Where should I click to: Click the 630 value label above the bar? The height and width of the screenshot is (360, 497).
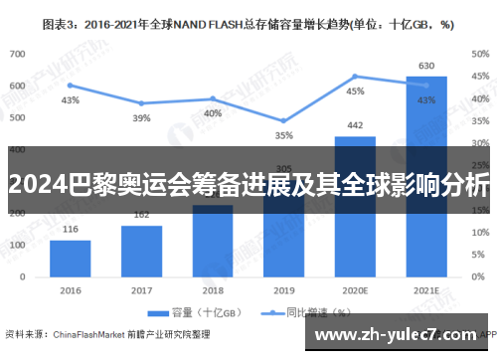[x=425, y=66]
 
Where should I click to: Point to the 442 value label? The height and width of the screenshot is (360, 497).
[x=355, y=125]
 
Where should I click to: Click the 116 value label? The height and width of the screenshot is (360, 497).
[x=70, y=230]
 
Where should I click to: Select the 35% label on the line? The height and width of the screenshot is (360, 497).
[x=284, y=135]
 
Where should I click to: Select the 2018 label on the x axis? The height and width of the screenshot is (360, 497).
[x=213, y=290]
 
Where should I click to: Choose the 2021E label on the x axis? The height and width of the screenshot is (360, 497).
[x=425, y=290]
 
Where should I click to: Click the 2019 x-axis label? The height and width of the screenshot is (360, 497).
[x=284, y=290]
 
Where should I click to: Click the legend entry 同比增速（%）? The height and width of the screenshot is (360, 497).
[x=294, y=311]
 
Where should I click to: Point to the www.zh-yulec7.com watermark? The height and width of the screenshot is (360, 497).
[x=399, y=333]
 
